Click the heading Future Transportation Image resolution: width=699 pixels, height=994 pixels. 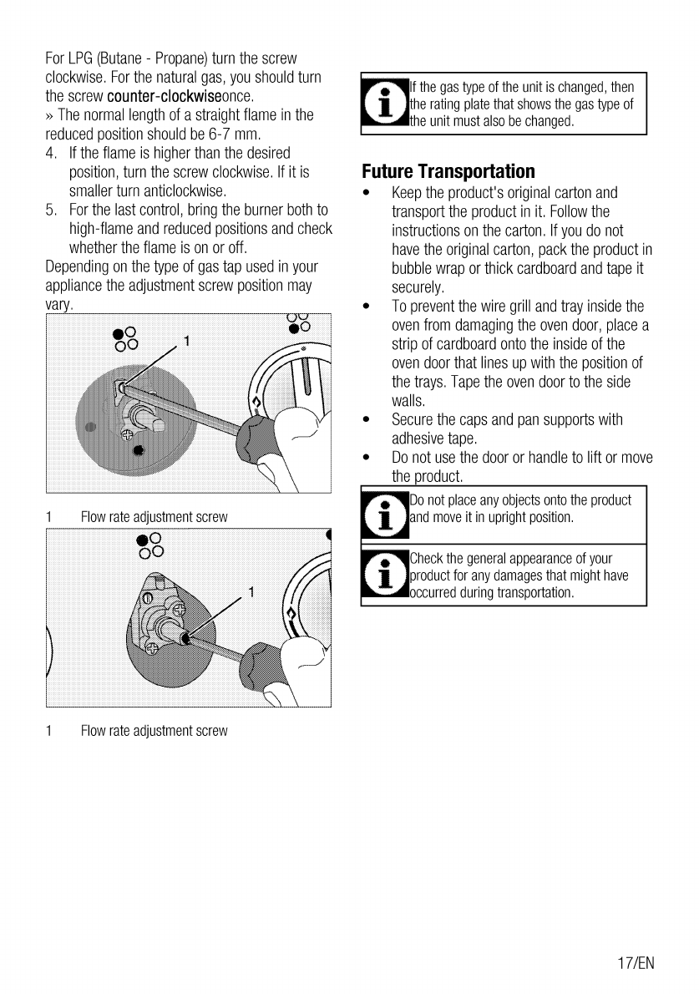[448, 172]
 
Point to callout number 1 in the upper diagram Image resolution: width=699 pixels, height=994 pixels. [187, 341]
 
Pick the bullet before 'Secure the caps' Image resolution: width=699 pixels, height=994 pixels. [367, 420]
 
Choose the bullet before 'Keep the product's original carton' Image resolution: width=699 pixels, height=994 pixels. [367, 194]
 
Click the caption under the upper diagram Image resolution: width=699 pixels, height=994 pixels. [154, 518]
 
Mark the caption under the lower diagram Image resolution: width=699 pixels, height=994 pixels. [154, 731]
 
